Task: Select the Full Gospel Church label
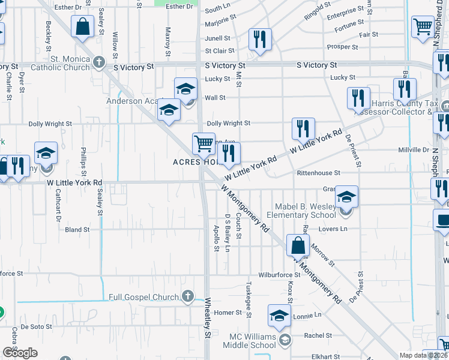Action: click(x=144, y=297)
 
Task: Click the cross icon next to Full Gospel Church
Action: click(x=188, y=296)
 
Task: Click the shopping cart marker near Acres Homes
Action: click(x=203, y=144)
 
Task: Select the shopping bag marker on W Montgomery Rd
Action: click(x=298, y=245)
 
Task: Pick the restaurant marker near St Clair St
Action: click(x=260, y=40)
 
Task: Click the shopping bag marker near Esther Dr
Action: click(x=82, y=27)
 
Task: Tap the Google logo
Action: click(x=20, y=353)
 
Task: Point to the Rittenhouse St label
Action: click(x=318, y=173)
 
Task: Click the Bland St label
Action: click(x=77, y=229)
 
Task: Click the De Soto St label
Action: click(x=37, y=327)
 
